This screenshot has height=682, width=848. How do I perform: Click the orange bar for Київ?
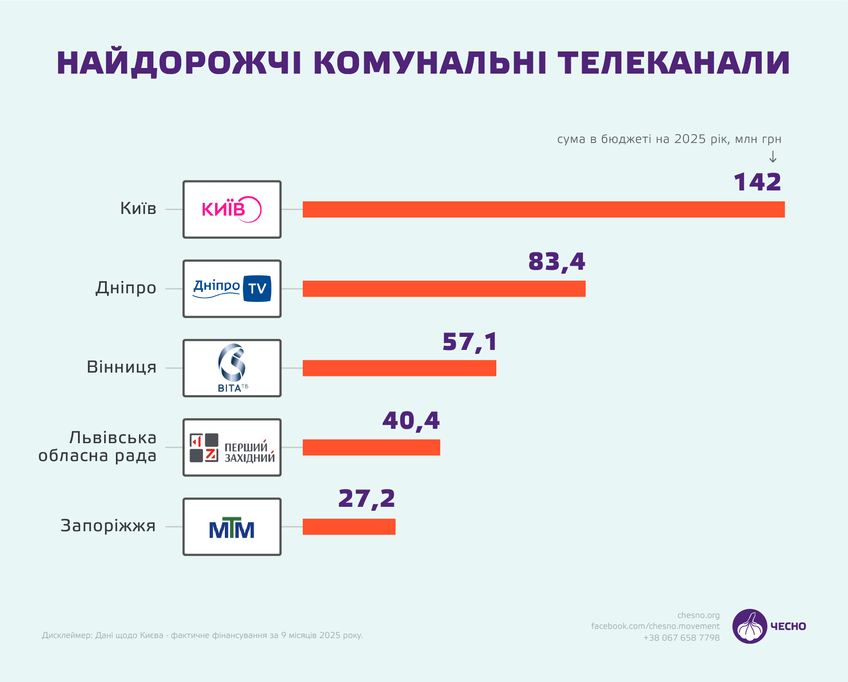click(543, 210)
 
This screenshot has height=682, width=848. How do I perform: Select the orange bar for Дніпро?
click(444, 289)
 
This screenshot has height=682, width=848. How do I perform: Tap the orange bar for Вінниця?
click(399, 368)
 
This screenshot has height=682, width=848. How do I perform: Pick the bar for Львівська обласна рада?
click(371, 448)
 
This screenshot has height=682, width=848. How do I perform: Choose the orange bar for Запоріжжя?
click(349, 527)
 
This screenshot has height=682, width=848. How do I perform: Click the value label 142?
click(757, 182)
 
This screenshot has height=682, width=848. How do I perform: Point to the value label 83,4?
click(556, 262)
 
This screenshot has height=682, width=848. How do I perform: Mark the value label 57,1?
click(469, 342)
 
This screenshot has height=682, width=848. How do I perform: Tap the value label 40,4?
click(411, 421)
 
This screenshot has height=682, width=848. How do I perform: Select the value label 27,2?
click(366, 499)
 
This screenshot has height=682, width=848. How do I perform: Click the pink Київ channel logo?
click(231, 210)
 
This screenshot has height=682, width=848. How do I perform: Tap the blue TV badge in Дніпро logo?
click(257, 288)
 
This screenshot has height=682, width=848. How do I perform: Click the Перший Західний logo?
click(232, 448)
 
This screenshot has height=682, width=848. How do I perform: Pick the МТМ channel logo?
click(232, 528)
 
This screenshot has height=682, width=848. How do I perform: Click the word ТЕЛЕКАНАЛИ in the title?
click(673, 63)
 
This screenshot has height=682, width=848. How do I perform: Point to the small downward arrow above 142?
click(773, 157)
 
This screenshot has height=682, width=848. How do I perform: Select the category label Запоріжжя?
click(108, 526)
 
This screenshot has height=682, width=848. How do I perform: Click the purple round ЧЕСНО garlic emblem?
click(750, 626)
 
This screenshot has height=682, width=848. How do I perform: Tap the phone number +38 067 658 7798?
click(681, 638)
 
